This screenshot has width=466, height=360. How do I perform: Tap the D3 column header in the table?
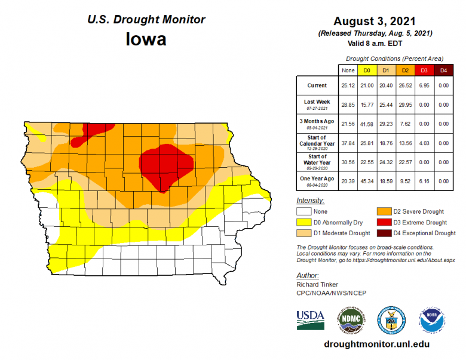coord(424,70)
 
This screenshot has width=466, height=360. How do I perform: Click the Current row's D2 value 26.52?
coord(405,85)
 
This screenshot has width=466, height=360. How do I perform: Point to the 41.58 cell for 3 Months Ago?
coord(367,124)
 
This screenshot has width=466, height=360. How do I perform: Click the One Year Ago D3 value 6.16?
coord(424,180)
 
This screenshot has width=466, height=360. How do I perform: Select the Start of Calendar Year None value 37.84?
coord(348,143)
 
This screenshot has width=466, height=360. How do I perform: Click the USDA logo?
coord(311,319)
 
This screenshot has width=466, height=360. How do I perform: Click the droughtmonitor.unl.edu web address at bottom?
coord(376,344)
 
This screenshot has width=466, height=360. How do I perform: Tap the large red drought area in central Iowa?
coord(167,165)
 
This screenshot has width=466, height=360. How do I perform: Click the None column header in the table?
coord(348,70)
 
